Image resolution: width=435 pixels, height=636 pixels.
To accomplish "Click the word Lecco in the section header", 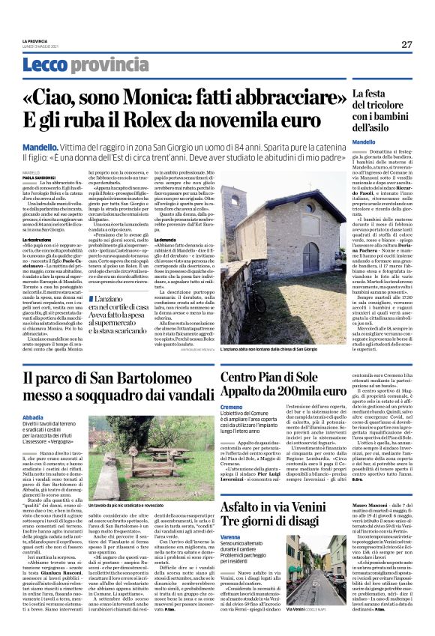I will [44, 65].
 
